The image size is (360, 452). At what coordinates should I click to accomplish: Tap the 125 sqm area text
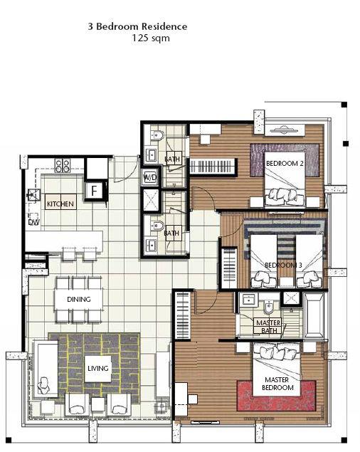[151, 38]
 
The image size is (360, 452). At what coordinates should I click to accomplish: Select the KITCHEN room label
[60, 204]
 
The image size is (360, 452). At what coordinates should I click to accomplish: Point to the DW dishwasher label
[33, 223]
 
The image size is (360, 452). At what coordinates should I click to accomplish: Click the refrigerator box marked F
[95, 191]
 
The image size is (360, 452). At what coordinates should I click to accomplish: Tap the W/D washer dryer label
[151, 177]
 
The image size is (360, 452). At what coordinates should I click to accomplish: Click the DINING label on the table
[79, 300]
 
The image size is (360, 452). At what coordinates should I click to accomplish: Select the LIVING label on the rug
[97, 368]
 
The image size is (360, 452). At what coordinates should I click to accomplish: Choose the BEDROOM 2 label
[285, 164]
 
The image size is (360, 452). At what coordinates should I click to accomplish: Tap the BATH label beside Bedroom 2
[172, 159]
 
